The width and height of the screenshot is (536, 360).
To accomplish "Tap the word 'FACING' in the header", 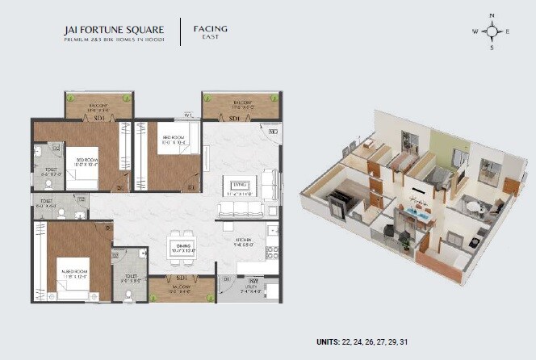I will point(210,28).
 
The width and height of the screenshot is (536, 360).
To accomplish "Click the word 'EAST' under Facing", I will point(210,38).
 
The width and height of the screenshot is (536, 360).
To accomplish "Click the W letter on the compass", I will point(475,31).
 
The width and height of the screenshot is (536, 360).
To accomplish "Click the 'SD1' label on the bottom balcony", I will point(171,277).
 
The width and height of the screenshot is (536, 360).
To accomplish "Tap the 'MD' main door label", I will point(273,131).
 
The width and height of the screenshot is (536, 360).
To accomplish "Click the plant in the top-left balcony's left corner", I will point(69,98).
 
